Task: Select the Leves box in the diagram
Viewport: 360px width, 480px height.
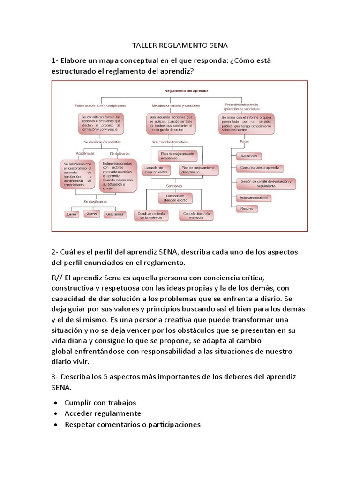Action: [x=72, y=214]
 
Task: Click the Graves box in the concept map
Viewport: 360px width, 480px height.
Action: [x=92, y=213]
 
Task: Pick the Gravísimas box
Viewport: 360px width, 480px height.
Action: [x=115, y=214]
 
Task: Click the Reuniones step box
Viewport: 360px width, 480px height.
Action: [x=248, y=156]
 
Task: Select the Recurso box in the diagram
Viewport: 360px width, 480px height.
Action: [x=247, y=208]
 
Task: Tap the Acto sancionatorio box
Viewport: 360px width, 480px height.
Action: [x=254, y=198]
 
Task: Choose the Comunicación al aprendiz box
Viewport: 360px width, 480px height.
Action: [x=260, y=167]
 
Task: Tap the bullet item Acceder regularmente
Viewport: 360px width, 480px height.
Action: [x=103, y=413]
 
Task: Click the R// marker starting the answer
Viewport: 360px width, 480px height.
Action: [x=57, y=276]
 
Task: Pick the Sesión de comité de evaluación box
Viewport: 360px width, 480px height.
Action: [x=266, y=184]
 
